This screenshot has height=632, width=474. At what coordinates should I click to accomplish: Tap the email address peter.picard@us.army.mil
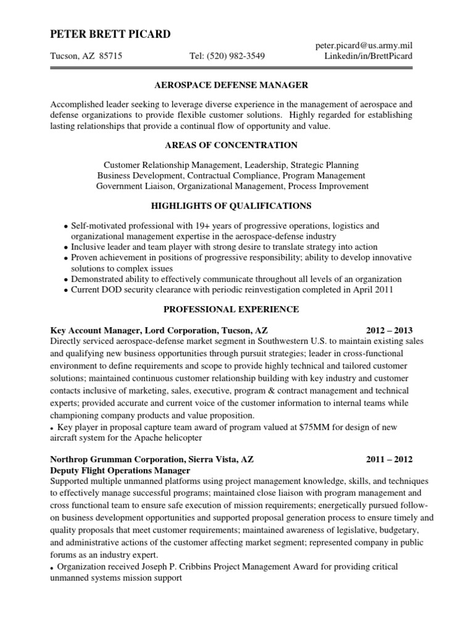pos(364,46)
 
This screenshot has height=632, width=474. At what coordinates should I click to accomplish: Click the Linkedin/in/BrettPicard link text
pos(368,56)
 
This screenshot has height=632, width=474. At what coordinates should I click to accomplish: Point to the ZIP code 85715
pos(110,56)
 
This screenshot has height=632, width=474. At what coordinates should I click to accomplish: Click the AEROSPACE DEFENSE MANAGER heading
pos(230,85)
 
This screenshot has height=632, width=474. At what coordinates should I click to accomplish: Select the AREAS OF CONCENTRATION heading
pos(230,145)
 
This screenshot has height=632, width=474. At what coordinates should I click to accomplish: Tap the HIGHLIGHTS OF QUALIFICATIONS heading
pos(230,205)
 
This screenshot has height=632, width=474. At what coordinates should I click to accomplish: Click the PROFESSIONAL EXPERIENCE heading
pos(230,309)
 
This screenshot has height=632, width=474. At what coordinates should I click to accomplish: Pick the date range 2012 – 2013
pos(389,330)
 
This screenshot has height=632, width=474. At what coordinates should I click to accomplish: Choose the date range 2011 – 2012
pos(389,460)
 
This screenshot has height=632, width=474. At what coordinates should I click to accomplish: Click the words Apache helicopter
pos(164,437)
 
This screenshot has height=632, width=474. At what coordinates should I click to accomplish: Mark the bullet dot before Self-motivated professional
pos(66,227)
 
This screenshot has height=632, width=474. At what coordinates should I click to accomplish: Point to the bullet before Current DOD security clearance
pos(66,290)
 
